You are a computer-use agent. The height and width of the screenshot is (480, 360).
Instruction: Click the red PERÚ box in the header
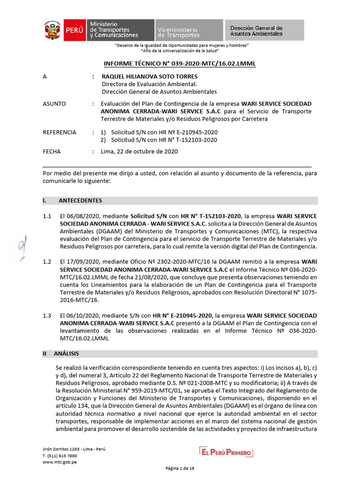[74, 30]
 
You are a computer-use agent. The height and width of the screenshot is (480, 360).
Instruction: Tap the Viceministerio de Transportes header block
[188, 30]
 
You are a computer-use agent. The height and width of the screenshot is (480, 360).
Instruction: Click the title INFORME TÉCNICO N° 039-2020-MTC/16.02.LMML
[180, 64]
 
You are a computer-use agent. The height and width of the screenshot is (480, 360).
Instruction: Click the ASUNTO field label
[54, 104]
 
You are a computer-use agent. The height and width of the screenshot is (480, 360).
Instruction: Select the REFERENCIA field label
[59, 132]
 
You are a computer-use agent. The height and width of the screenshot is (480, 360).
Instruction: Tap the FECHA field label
[52, 151]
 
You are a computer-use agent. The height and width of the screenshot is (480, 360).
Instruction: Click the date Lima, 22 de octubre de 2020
[139, 151]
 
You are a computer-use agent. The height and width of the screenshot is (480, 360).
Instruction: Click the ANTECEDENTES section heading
[80, 201]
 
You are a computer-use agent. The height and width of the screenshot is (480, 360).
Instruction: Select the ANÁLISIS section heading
[66, 353]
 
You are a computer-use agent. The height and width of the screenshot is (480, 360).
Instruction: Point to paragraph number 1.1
[46, 216]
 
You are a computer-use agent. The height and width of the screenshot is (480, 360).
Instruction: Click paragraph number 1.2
[46, 262]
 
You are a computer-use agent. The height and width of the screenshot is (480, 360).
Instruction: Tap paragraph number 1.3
[46, 315]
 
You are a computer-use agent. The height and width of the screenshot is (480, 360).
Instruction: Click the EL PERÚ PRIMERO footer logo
[226, 452]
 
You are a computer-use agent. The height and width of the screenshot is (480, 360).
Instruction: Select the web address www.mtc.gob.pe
[60, 462]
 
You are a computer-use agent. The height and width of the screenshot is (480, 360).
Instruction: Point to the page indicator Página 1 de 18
[180, 468]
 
